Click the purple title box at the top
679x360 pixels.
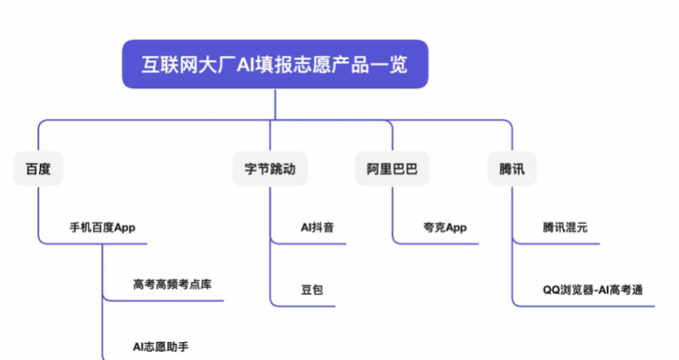pos(275,65)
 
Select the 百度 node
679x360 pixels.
pos(38,168)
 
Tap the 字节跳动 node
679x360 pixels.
pos(270,168)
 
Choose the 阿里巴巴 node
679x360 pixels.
pos(392,168)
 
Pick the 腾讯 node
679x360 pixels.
pos(512,168)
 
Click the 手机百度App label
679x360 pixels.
pos(102,228)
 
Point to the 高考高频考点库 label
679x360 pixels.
pos(172,284)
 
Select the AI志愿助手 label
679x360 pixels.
pos(160,346)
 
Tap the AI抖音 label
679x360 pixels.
pos(317,228)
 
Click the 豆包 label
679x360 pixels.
pos(311,290)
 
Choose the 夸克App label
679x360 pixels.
pos(445,228)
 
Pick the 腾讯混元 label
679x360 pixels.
pos(564,228)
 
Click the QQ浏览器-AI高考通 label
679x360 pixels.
pos(592,290)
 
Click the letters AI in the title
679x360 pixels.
pos(245,65)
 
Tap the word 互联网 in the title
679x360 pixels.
pos(171,65)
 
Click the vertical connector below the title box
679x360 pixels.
pos(275,104)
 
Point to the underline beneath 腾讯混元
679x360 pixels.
pos(558,244)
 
